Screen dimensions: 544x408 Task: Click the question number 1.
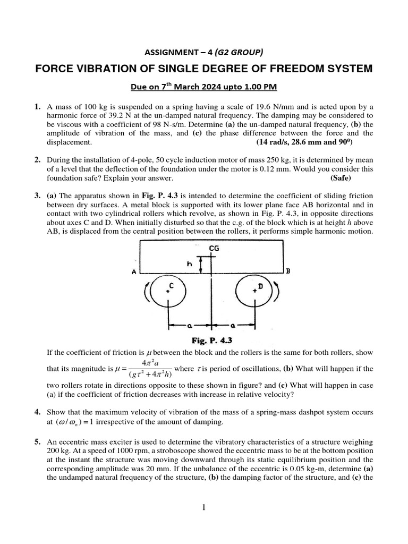click(x=38, y=107)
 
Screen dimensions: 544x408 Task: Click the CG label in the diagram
click(x=214, y=248)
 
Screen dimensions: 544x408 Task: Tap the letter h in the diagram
click(x=188, y=263)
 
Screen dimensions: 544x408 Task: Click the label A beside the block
click(x=134, y=272)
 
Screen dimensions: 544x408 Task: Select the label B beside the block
click(x=288, y=271)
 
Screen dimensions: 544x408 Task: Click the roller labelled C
click(x=167, y=291)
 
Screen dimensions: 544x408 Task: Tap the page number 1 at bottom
click(x=203, y=507)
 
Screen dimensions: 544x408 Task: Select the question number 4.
click(x=38, y=412)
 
